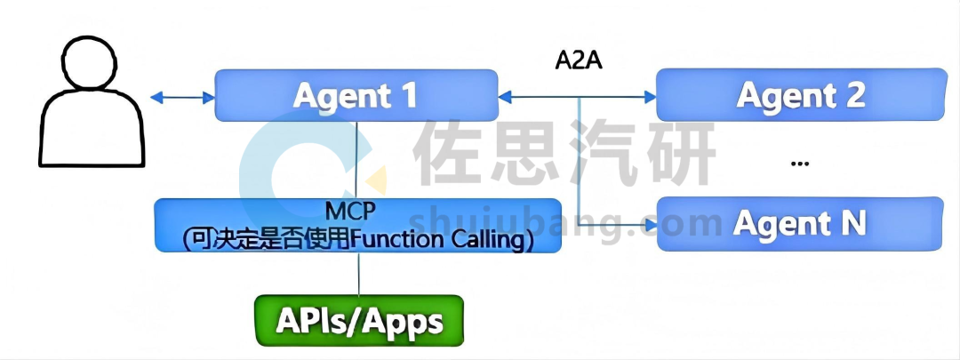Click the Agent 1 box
coord(356,95)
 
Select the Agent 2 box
coord(800,95)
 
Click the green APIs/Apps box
coord(358,320)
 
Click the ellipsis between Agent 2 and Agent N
coord(799,164)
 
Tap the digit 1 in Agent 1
coord(408,95)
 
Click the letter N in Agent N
coord(851,222)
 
